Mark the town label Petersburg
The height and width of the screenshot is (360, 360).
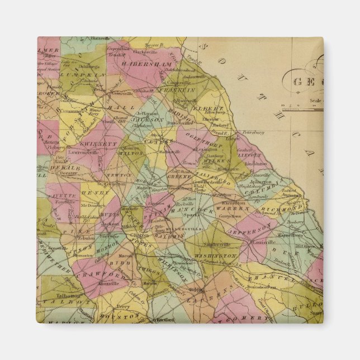point(253,133)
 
